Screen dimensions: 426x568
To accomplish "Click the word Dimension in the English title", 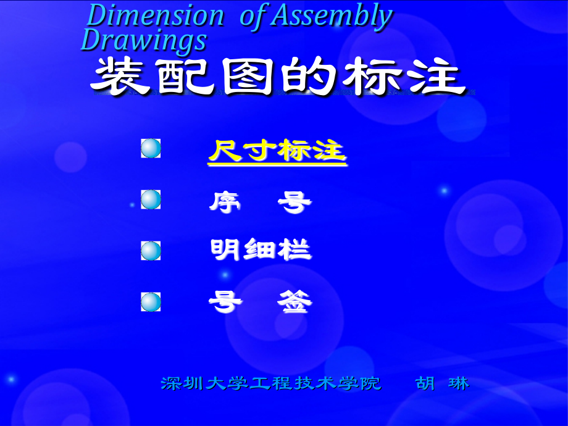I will click(155, 15).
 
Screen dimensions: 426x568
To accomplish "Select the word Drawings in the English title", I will click(144, 40).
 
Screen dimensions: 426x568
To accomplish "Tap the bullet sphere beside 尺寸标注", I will click(151, 148).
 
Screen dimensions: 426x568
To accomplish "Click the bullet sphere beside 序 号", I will click(151, 199).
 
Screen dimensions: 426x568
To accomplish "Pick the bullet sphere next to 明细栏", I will click(151, 251).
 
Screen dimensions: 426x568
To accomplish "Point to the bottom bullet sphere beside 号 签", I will click(151, 302).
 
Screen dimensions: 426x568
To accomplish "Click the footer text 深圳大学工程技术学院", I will click(271, 383).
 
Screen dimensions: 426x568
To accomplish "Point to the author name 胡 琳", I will click(442, 383).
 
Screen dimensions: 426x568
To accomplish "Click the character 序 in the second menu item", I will click(223, 201).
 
